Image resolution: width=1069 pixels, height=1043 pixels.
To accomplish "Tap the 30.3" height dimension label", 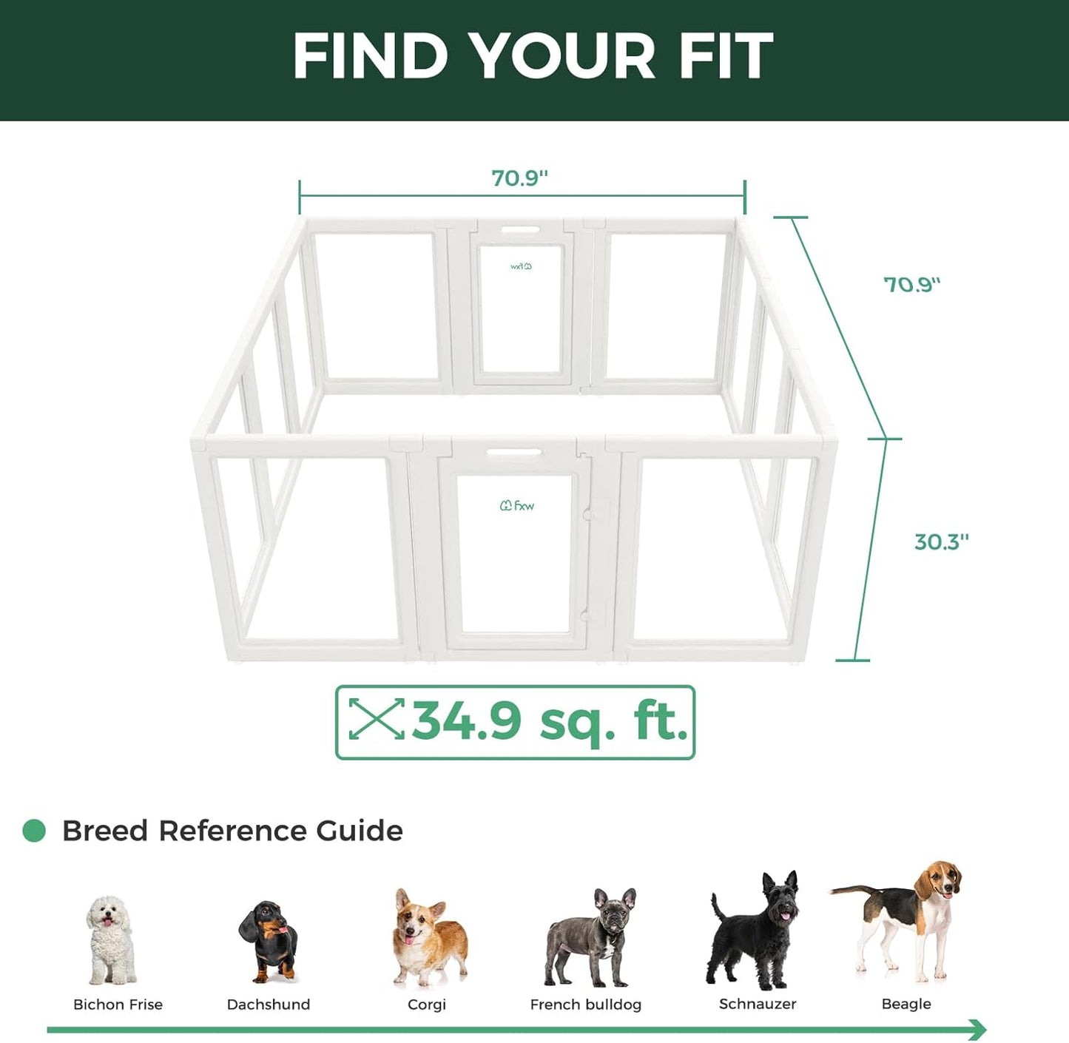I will (x=941, y=542).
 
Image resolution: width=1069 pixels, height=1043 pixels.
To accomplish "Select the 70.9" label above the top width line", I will (x=519, y=178).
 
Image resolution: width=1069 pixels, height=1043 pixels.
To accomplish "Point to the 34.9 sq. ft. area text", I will (x=549, y=720).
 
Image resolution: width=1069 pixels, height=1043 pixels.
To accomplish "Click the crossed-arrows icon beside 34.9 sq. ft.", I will (x=377, y=718).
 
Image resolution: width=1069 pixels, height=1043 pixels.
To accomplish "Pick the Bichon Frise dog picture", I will (x=110, y=939).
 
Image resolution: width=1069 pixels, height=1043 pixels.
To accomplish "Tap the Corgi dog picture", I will (x=428, y=939).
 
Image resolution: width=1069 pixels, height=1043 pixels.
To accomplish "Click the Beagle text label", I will (x=906, y=1004).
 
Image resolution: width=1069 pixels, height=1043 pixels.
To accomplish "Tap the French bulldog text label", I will (x=585, y=1005).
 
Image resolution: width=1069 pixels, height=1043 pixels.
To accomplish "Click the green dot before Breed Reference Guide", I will (x=34, y=831).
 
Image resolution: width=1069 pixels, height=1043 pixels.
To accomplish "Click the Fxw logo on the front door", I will (x=517, y=506).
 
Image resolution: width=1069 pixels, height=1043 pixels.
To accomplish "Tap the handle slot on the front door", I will (x=513, y=452).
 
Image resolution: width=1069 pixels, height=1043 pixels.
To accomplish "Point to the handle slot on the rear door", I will (x=521, y=229).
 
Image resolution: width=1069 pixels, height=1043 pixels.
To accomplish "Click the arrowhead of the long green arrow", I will (x=979, y=1029).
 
